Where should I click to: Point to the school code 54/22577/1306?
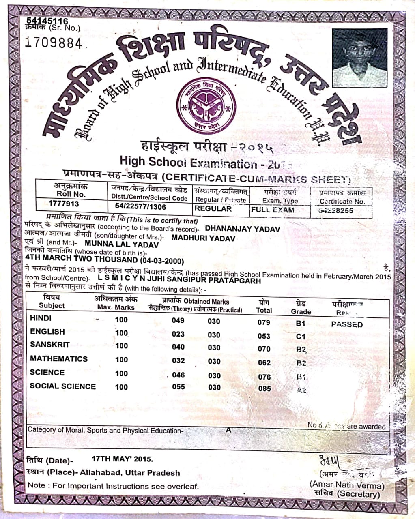click(x=140, y=206)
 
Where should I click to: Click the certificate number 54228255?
click(x=336, y=210)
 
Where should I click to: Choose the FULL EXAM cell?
click(x=273, y=210)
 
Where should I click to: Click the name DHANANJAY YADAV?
click(x=243, y=229)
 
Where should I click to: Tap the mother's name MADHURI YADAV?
click(x=203, y=238)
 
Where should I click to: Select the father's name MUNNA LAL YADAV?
click(x=122, y=244)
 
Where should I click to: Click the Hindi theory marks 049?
click(x=178, y=320)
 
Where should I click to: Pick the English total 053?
click(x=264, y=336)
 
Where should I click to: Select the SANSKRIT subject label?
click(x=49, y=345)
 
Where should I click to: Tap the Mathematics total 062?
click(x=264, y=362)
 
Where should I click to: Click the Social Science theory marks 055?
click(x=178, y=386)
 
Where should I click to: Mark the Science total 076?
click(x=264, y=377)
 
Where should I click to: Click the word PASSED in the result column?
click(x=347, y=324)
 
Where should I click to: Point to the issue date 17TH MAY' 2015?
click(x=122, y=459)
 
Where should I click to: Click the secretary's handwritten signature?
click(x=331, y=461)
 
